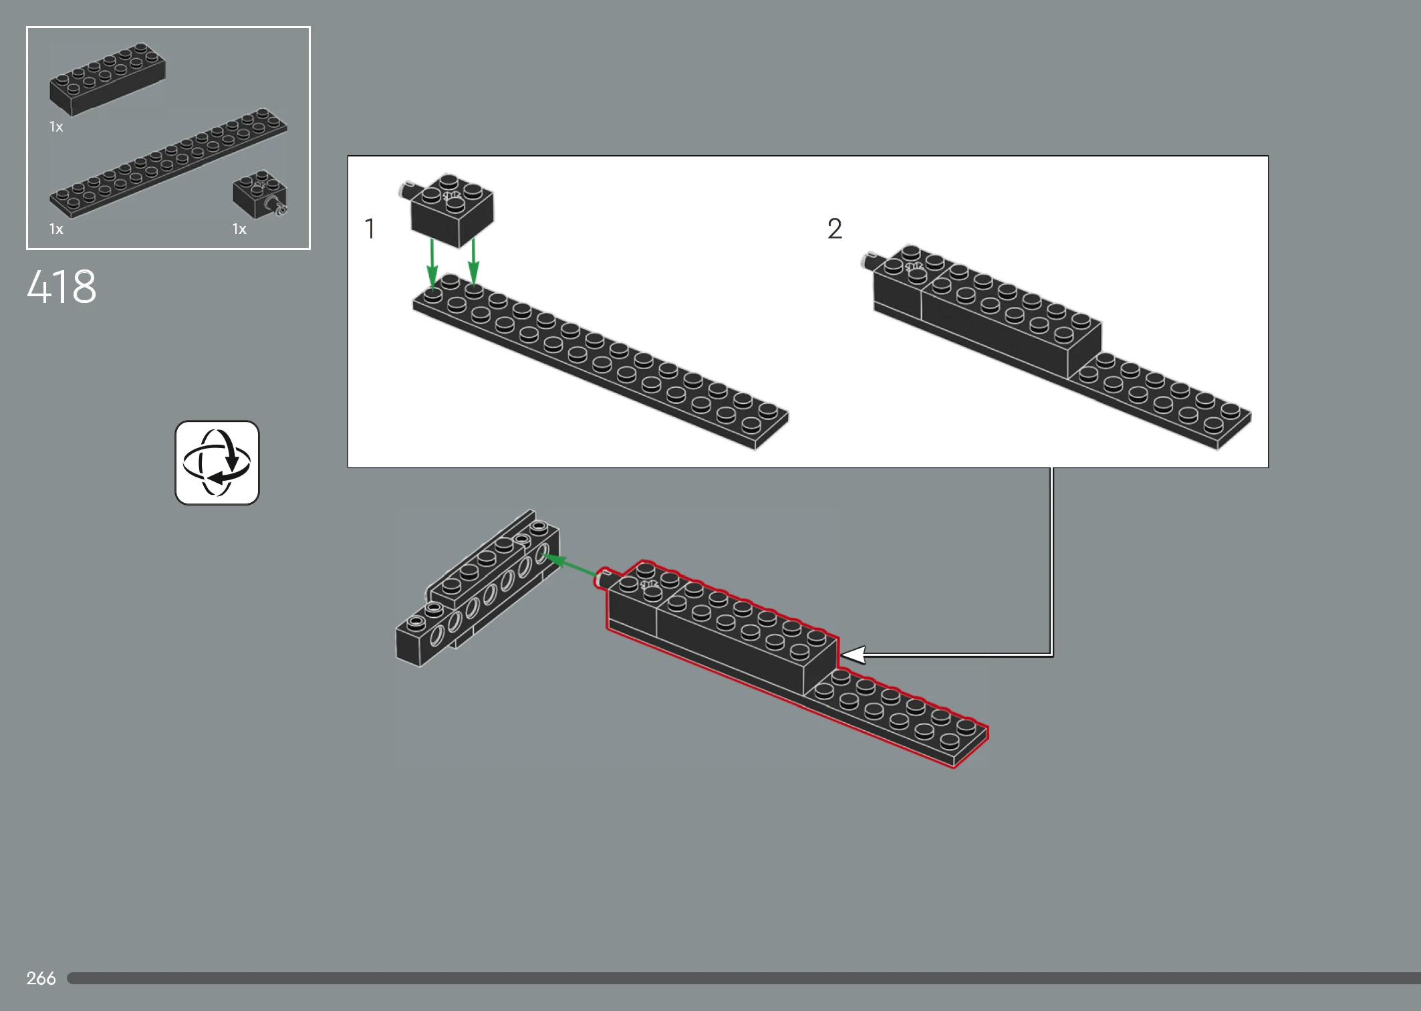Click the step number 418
point(61,287)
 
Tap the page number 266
point(41,978)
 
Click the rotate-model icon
point(217,463)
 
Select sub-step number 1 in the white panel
point(370,229)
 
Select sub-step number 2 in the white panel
point(835,229)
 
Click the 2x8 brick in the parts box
point(107,79)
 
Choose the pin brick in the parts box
point(260,194)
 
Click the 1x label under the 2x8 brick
point(56,127)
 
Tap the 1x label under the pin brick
point(239,229)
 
